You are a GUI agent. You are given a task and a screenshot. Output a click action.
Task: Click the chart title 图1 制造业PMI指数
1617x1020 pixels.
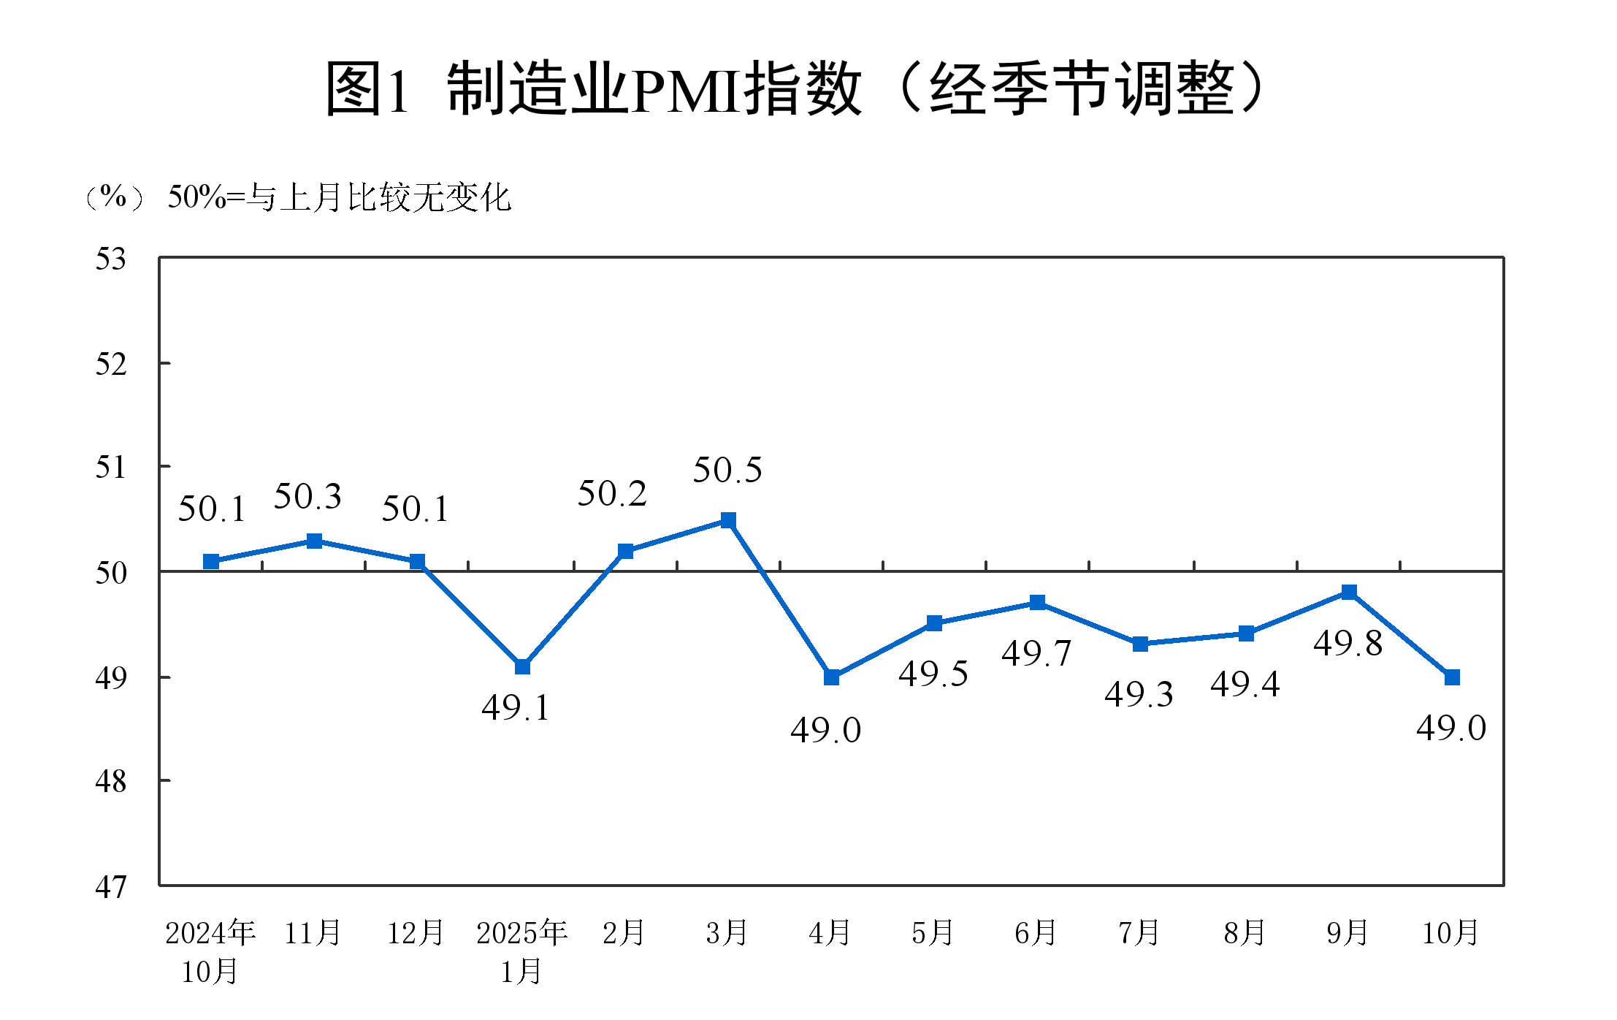(796, 88)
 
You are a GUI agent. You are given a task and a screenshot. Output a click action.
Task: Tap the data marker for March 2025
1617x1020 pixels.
(728, 520)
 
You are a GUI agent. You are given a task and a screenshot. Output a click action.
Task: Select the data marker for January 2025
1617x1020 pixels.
(522, 666)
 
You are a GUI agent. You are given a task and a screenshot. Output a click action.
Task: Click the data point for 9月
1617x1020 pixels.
(1349, 592)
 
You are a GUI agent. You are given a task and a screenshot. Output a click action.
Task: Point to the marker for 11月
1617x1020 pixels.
(314, 541)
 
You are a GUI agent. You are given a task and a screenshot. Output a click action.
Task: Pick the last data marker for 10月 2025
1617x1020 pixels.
(1452, 677)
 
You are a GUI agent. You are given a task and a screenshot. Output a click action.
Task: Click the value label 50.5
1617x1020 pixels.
(727, 470)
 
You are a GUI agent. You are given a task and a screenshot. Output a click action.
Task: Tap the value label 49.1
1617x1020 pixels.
(515, 707)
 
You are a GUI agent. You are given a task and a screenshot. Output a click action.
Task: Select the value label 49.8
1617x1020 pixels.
(1347, 644)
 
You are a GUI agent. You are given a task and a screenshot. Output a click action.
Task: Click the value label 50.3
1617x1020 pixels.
(307, 497)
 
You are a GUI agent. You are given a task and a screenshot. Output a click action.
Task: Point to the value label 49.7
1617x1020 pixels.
(1036, 653)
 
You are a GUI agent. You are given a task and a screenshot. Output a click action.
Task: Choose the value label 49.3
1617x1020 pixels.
(1139, 694)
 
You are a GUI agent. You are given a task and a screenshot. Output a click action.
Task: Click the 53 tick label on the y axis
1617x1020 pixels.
(111, 259)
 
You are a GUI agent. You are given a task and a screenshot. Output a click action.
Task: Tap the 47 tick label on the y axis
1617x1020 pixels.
(111, 887)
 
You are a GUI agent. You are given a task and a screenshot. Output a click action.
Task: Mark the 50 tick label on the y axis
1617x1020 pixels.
(111, 573)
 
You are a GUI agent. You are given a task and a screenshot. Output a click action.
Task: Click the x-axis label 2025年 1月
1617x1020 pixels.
(521, 951)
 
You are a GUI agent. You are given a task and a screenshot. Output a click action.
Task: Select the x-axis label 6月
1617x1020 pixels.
(1036, 933)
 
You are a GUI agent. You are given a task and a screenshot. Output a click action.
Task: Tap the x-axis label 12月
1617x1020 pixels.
(416, 933)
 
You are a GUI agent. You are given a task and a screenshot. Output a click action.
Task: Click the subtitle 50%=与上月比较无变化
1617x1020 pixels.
(340, 197)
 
